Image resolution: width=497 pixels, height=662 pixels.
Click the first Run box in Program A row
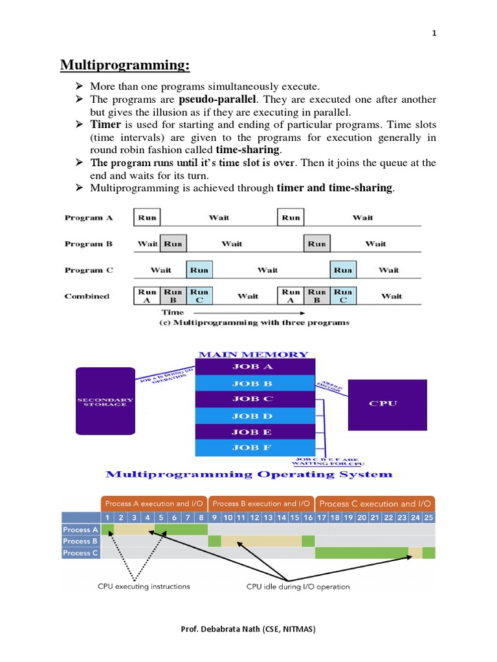[x=147, y=217]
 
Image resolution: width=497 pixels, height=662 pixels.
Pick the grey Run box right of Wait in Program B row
[x=173, y=244]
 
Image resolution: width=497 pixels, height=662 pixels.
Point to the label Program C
[x=89, y=270]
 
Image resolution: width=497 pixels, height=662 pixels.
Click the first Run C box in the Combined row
[x=199, y=295]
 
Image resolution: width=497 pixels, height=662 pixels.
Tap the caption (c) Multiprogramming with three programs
[x=254, y=323]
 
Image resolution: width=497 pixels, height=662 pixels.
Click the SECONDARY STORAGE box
[x=105, y=401]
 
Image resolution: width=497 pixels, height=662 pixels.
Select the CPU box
[x=387, y=404]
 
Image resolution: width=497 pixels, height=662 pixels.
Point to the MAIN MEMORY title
[x=253, y=354]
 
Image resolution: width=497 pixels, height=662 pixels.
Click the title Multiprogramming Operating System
[x=248, y=474]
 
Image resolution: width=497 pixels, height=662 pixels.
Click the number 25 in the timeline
[x=428, y=517]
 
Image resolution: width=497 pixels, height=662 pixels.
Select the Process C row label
[x=81, y=553]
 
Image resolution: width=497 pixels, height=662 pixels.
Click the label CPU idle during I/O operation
[x=298, y=586]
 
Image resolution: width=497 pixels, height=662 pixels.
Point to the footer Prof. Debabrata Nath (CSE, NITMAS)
[x=248, y=628]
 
